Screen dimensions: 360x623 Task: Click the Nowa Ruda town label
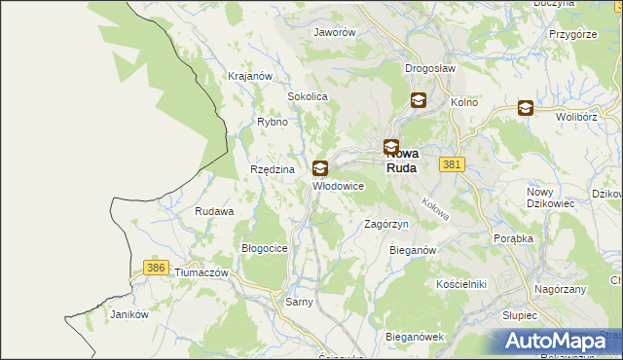click(402, 159)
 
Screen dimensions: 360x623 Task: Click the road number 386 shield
click(154, 267)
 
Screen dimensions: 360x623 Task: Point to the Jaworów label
click(334, 31)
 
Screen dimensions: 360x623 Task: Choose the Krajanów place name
click(248, 75)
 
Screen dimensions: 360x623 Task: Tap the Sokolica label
click(307, 97)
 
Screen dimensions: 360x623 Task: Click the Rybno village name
click(272, 122)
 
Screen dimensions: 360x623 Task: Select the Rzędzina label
click(272, 169)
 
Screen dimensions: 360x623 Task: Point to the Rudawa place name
click(214, 211)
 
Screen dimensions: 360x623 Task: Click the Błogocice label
click(264, 248)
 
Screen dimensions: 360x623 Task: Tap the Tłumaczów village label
click(201, 273)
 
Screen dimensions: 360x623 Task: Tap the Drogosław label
click(430, 68)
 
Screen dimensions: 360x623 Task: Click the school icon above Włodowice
click(320, 168)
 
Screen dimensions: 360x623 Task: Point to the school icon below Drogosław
click(418, 99)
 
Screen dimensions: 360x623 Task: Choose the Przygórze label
click(572, 33)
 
